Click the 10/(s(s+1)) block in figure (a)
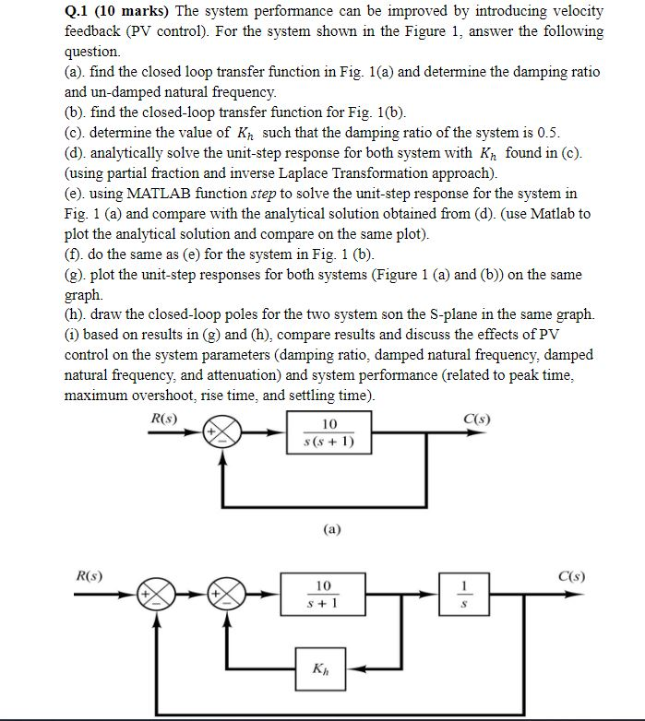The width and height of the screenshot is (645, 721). click(x=330, y=433)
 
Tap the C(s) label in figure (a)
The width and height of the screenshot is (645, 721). click(x=477, y=419)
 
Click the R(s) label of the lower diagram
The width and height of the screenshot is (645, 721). click(x=89, y=577)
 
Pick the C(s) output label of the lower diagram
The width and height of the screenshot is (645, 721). click(x=570, y=578)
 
